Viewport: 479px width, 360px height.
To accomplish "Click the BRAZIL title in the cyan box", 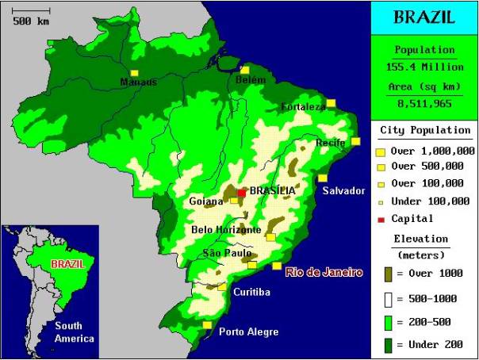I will pos(424,17).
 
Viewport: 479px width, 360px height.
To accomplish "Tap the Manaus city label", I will pos(138,82).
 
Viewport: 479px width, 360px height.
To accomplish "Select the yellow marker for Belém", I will pos(245,71).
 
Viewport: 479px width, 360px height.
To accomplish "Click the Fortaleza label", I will pos(303,107).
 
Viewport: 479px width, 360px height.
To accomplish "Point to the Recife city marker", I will pos(356,141).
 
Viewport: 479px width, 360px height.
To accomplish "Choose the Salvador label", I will pos(343,190).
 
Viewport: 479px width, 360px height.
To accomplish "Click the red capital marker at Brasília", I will pos(241,192).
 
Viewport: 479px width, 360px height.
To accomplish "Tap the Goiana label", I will pos(206,201).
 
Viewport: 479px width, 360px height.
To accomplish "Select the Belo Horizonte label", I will pos(226,230).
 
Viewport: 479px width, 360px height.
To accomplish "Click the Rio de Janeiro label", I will pos(324,272).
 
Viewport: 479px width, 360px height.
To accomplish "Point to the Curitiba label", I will pos(251,292).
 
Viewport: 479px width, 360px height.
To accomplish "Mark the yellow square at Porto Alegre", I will pos(207,325).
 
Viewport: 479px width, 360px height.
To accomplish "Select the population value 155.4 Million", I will pos(424,67).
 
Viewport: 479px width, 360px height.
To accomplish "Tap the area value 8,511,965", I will pos(424,103).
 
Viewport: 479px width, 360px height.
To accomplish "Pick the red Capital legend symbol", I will pos(381,219).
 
